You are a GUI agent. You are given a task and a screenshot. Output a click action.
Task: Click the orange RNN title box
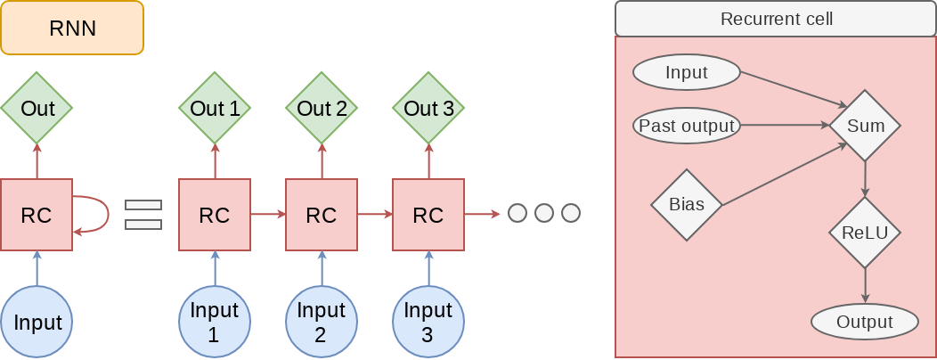tap(72, 28)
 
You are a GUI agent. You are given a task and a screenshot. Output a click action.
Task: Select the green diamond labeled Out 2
tap(322, 109)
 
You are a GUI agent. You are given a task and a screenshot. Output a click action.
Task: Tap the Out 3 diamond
tap(428, 109)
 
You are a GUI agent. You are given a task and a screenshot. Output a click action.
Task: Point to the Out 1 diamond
tap(215, 109)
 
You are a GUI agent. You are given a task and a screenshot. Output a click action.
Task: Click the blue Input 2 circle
tap(322, 322)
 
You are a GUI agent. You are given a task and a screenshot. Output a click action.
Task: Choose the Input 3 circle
tap(428, 322)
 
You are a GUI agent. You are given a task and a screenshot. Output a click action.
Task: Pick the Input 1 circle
tap(215, 322)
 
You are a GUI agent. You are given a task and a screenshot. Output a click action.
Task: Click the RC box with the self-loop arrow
tap(37, 215)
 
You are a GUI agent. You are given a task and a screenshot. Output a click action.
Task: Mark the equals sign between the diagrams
tap(143, 215)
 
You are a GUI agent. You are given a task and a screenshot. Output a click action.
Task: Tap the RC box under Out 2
tap(322, 215)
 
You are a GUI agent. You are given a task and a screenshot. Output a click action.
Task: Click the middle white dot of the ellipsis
tap(544, 214)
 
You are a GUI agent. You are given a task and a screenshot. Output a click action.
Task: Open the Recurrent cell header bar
tap(776, 19)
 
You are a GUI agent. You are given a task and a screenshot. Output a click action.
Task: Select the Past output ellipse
tap(687, 126)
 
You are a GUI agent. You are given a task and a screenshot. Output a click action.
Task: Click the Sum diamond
tap(865, 126)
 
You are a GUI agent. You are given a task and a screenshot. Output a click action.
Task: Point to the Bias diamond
tap(687, 205)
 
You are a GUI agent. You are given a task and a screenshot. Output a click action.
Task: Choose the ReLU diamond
tap(865, 233)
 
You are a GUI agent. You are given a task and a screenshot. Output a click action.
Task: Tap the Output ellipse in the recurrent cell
tap(865, 322)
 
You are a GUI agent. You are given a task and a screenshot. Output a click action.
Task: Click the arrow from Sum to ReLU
tap(865, 179)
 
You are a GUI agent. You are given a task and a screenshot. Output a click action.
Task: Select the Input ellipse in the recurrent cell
tap(687, 73)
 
